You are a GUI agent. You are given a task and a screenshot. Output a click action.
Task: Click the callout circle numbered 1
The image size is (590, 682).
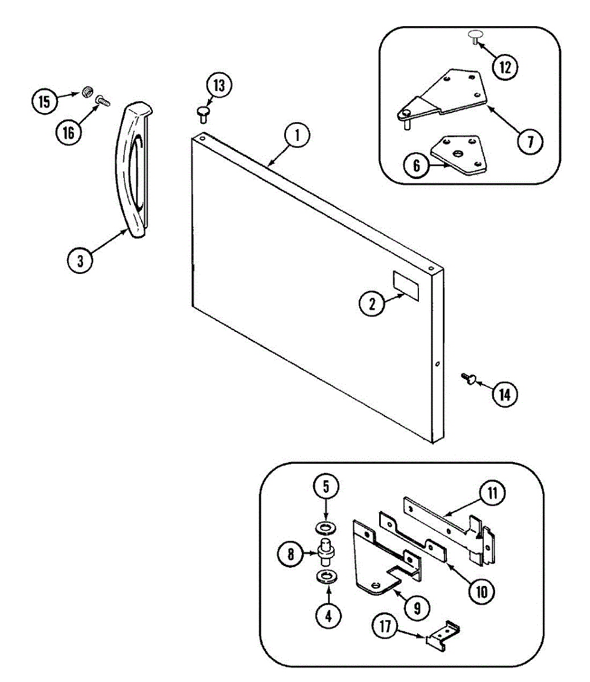click(297, 136)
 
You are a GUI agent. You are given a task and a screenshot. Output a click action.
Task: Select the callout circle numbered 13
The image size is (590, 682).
click(219, 86)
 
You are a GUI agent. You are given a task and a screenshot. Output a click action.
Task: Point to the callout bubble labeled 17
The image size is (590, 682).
click(385, 626)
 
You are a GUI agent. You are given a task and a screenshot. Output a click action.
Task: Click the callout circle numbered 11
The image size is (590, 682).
click(492, 493)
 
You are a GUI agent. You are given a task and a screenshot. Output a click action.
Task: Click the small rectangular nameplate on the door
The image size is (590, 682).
click(406, 285)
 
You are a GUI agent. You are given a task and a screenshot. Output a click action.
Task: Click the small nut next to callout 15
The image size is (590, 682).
click(87, 91)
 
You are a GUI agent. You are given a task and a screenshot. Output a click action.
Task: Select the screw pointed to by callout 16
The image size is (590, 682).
click(103, 100)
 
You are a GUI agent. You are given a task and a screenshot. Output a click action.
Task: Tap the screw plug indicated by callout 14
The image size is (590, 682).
click(469, 378)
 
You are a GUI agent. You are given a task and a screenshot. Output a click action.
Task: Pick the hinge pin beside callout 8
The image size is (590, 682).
click(326, 551)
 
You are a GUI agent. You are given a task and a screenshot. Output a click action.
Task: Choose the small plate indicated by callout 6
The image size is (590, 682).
click(459, 153)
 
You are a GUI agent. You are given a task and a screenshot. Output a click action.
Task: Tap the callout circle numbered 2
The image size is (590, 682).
click(372, 303)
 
